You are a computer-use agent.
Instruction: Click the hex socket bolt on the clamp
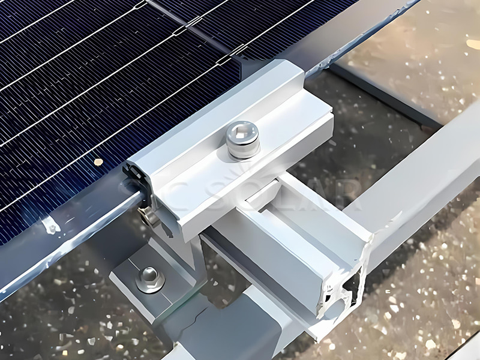[x=244, y=139]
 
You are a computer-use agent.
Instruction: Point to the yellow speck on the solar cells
[x=98, y=162]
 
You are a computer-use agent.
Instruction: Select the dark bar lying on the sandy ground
[x=384, y=96]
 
